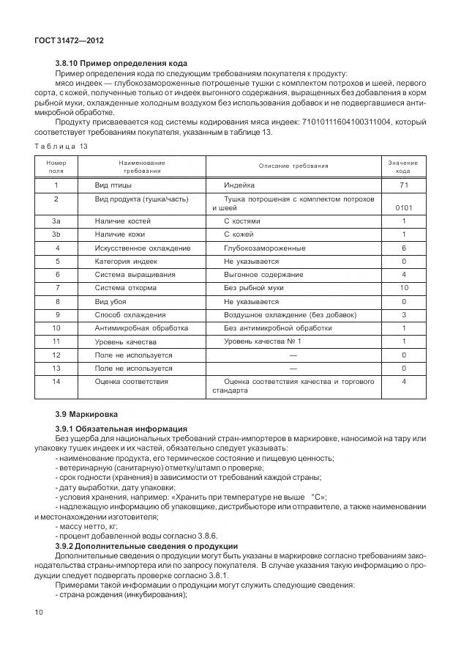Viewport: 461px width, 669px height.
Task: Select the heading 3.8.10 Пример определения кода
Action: [x=121, y=63]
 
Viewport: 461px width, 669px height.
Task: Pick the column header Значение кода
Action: [x=403, y=166]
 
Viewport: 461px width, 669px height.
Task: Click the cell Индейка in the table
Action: [x=239, y=185]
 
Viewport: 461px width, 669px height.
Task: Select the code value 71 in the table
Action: [x=404, y=185]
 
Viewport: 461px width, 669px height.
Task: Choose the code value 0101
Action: [x=404, y=208]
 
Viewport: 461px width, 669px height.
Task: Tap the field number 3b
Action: [x=56, y=234]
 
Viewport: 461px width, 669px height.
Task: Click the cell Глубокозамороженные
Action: [x=260, y=248]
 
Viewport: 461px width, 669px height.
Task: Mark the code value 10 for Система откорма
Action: [x=404, y=288]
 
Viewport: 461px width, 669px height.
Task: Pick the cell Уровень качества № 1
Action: [x=262, y=341]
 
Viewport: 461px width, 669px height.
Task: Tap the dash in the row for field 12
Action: [x=293, y=355]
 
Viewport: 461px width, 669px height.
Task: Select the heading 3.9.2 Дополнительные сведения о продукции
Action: [x=146, y=547]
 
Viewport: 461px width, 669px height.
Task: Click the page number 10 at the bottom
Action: [x=38, y=610]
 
